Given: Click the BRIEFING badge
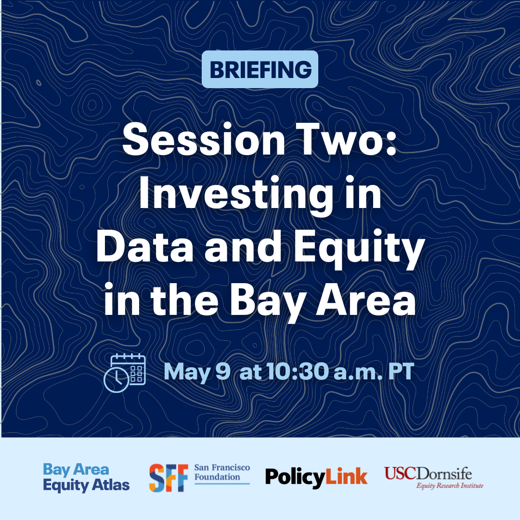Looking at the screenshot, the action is tap(260, 69).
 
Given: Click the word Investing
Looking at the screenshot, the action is tap(236, 195).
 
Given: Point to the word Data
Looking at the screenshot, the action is tap(145, 246).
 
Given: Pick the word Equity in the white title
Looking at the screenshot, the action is tap(359, 249).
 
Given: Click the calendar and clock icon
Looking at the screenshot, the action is tap(125, 373).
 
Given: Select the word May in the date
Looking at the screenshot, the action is tap(187, 372).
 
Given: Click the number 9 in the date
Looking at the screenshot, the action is tap(223, 371).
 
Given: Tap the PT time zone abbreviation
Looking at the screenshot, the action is tap(401, 371).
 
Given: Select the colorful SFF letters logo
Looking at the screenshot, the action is tap(169, 478).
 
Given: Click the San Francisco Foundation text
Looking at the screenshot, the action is tap(222, 472).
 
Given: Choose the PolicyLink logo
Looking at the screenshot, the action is tap(316, 477).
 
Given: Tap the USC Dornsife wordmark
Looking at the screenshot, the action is tap(428, 473).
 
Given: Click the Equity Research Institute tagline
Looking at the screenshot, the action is tap(450, 486).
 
